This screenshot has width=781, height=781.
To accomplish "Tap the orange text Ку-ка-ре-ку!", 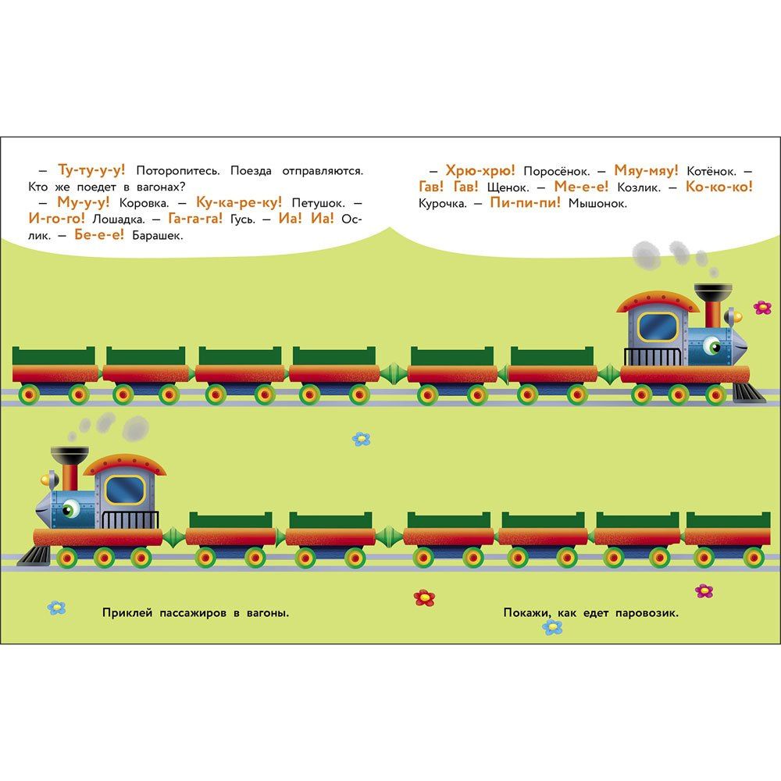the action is (x=238, y=202).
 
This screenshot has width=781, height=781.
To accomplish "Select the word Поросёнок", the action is (x=556, y=171).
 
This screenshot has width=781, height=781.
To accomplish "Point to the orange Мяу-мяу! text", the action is (x=646, y=170).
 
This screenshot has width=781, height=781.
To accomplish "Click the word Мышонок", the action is (x=597, y=203).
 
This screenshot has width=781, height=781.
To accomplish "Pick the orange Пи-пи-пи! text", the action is (x=525, y=202).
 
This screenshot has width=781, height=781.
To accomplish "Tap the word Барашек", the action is (x=158, y=236).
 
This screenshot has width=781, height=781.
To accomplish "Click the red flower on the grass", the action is (x=424, y=597).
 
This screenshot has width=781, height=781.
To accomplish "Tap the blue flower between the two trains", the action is (x=361, y=439).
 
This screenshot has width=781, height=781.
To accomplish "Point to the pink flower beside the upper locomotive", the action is (x=762, y=307).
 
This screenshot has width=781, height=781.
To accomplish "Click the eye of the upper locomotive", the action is (x=711, y=344).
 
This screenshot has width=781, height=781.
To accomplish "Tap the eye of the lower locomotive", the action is (x=71, y=508).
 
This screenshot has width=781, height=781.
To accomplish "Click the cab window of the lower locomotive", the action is (x=124, y=490).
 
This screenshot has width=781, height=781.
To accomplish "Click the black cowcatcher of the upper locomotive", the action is (x=748, y=393).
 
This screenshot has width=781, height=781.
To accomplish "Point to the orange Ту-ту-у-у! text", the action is (x=91, y=169).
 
